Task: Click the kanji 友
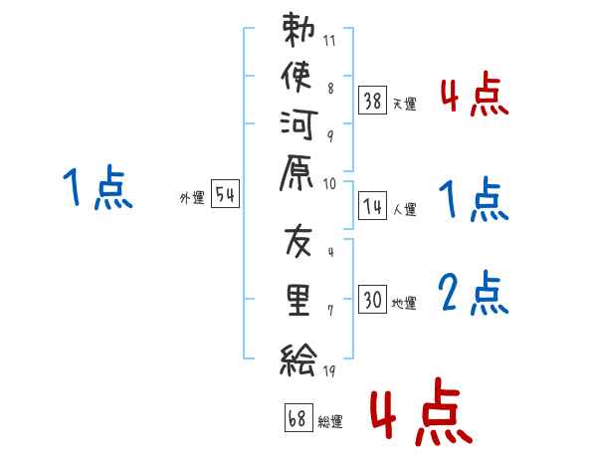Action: [299, 243]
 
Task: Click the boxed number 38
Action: [373, 102]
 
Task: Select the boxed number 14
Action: [373, 206]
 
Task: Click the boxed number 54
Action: [226, 195]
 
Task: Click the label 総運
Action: [330, 422]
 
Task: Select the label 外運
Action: [191, 198]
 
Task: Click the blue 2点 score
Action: [474, 293]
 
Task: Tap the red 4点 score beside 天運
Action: [474, 95]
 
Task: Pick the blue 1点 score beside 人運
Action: [474, 198]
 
